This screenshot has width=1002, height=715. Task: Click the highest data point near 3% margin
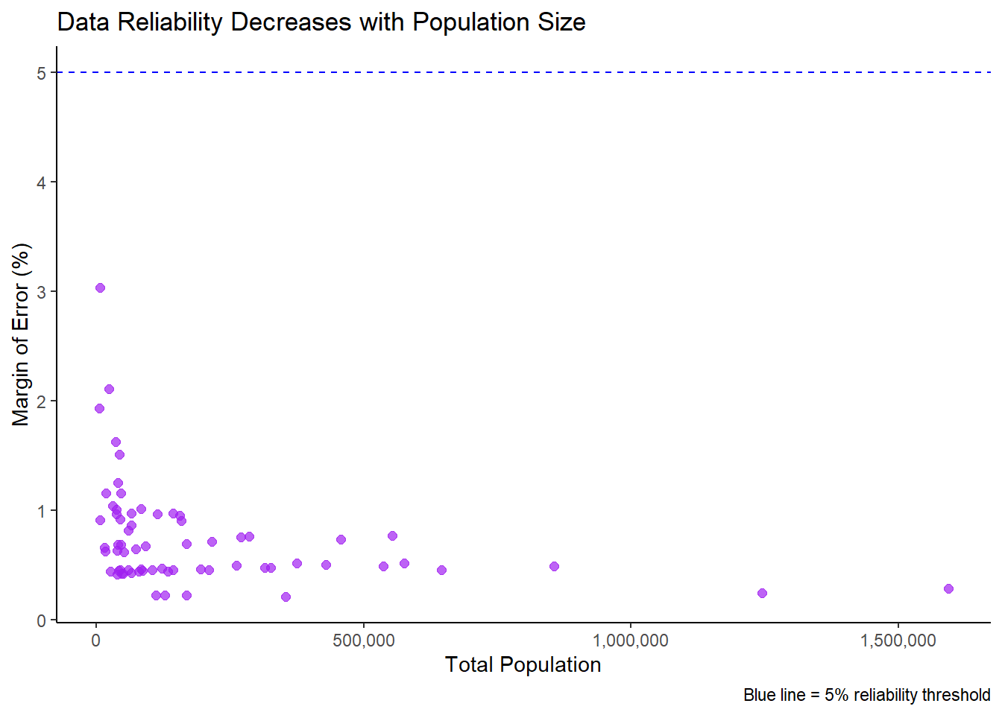click(x=100, y=288)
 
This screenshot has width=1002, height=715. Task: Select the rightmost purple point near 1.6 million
click(x=948, y=589)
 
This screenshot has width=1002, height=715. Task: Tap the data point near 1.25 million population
click(x=762, y=594)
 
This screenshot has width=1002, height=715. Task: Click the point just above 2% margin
click(x=109, y=390)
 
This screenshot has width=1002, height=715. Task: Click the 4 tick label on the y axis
click(x=42, y=182)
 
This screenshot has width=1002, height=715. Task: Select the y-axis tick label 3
click(x=42, y=292)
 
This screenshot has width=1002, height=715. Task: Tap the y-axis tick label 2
click(x=42, y=401)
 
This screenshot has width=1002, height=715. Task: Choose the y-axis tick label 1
click(x=42, y=511)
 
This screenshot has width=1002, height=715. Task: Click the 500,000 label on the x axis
click(x=363, y=641)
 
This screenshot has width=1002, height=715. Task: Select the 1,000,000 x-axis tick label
click(x=631, y=641)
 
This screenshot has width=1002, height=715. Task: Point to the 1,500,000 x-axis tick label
click(x=898, y=641)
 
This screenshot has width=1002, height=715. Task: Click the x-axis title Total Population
click(x=523, y=664)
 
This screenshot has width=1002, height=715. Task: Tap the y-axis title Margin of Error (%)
click(x=21, y=334)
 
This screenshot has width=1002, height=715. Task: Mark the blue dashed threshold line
click(x=522, y=73)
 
